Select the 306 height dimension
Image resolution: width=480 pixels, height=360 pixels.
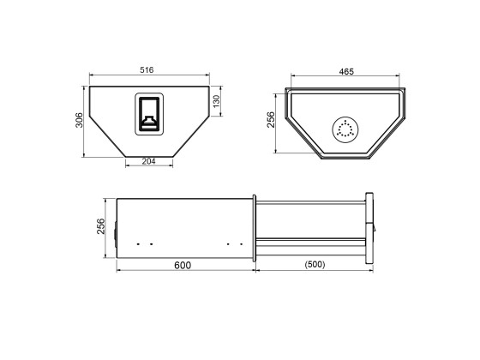pyautogui.click(x=79, y=120)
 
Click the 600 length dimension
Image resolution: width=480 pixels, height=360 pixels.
pyautogui.click(x=183, y=265)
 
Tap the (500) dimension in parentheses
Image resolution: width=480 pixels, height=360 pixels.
pyautogui.click(x=315, y=265)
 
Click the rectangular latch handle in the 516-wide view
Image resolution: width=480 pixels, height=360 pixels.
pyautogui.click(x=150, y=114)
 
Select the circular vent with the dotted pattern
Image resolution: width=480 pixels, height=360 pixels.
pyautogui.click(x=345, y=129)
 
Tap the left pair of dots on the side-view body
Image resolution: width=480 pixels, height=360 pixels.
pyautogui.click(x=145, y=243)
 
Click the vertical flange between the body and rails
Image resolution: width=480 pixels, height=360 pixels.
pyautogui.click(x=255, y=227)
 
